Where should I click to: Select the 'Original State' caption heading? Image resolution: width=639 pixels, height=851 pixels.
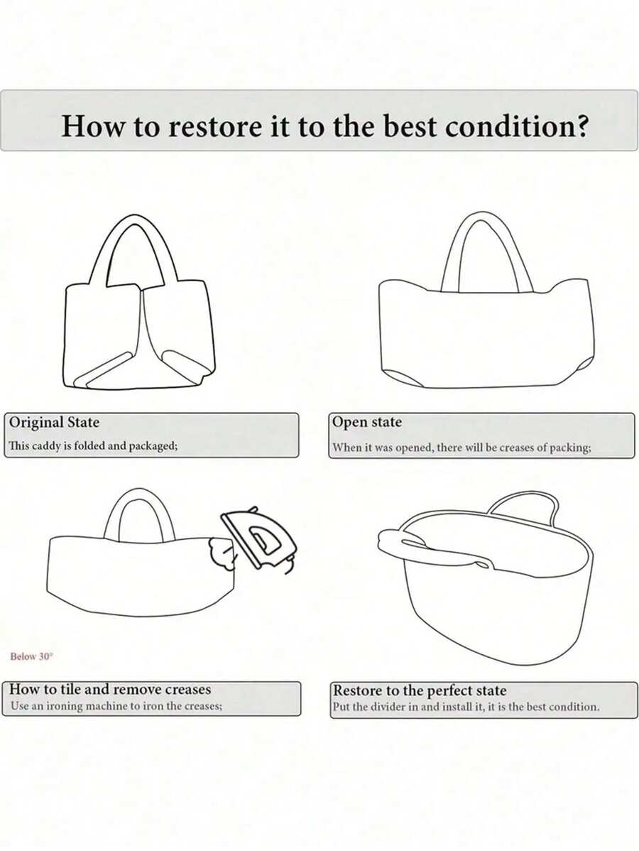[x=54, y=422]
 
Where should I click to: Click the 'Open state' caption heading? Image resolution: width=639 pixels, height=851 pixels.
[x=367, y=422]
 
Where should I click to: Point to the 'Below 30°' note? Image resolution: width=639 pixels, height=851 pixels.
[x=32, y=656]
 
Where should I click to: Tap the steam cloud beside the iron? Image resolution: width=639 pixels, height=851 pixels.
[x=222, y=553]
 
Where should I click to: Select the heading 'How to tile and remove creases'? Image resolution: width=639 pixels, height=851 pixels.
[x=110, y=689]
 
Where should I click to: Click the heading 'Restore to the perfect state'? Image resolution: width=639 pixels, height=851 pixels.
[x=420, y=690]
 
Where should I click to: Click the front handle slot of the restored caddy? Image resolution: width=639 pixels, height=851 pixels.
[x=429, y=548]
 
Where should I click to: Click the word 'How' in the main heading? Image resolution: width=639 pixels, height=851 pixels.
[x=93, y=126]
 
